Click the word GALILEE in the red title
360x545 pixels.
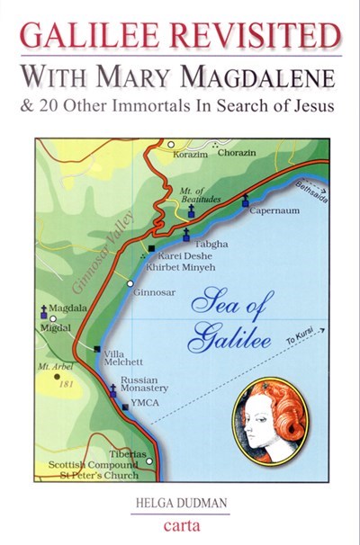point(86,34)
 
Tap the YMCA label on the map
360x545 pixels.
point(147,407)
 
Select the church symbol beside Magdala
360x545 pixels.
point(44,312)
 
